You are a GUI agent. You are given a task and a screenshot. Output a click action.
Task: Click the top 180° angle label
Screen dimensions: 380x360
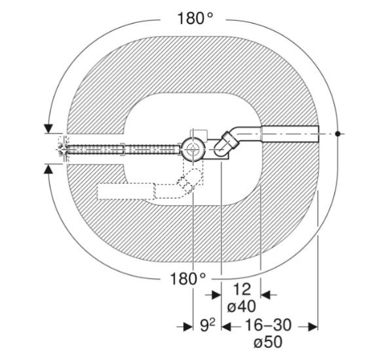(195, 18)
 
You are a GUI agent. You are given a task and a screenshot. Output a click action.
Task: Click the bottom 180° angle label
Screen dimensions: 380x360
(188, 279)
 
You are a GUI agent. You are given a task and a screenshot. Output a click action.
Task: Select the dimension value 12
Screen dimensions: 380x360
(242, 289)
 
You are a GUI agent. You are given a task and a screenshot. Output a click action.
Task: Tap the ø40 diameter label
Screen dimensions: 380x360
(241, 306)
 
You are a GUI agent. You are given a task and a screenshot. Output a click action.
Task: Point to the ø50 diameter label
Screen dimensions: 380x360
(268, 342)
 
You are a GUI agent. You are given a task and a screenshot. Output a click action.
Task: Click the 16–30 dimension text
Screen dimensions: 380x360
(268, 325)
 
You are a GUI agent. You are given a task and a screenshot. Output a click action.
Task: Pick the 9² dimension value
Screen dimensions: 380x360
(208, 325)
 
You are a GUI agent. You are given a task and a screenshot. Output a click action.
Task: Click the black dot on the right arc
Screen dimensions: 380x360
(337, 134)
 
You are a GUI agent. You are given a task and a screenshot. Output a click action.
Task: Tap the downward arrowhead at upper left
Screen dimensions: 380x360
(48, 128)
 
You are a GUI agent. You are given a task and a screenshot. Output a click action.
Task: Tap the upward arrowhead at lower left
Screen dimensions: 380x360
(48, 169)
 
